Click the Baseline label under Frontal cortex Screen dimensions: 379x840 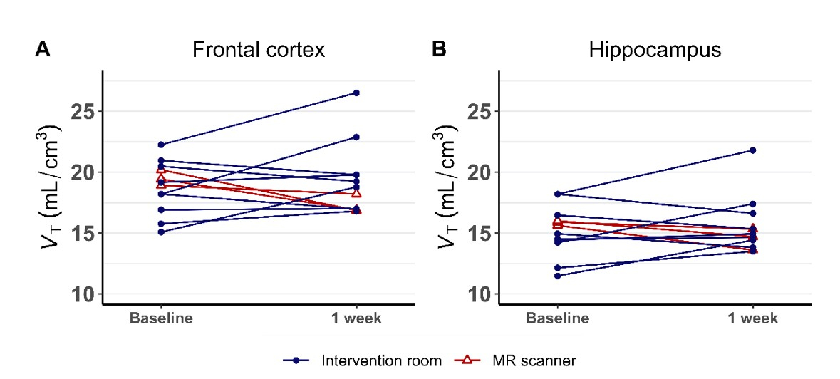[x=161, y=318]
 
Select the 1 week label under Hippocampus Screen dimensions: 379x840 [x=753, y=318]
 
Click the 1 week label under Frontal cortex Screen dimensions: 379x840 [x=356, y=318]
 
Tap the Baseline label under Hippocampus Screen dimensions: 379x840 [x=558, y=318]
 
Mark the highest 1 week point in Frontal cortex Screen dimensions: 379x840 [x=356, y=93]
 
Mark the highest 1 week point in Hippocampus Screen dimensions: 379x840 [x=753, y=150]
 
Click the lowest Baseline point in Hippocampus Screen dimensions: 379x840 [x=558, y=276]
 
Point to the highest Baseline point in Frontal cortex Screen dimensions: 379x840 [x=161, y=145]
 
